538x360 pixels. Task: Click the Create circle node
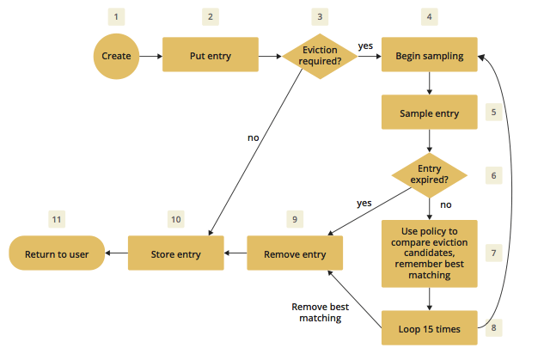click(x=116, y=57)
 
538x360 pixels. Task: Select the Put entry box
click(x=211, y=57)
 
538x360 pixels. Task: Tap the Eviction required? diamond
click(x=320, y=57)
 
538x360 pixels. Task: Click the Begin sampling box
click(x=430, y=57)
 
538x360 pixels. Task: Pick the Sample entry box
click(x=430, y=113)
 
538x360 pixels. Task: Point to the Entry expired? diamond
click(x=430, y=175)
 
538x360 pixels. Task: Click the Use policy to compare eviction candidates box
click(x=430, y=253)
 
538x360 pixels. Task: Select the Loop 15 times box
click(x=430, y=328)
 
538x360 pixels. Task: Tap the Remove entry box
click(x=294, y=253)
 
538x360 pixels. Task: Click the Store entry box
click(x=176, y=253)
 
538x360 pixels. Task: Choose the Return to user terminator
click(x=56, y=253)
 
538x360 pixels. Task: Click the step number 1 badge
click(x=116, y=16)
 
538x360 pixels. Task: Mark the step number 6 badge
click(x=493, y=175)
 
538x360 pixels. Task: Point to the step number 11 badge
click(x=57, y=220)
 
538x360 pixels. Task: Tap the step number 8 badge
click(x=493, y=327)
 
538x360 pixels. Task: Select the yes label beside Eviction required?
click(x=365, y=46)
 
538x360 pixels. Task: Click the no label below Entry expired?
click(x=446, y=206)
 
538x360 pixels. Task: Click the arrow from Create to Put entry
click(x=150, y=57)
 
